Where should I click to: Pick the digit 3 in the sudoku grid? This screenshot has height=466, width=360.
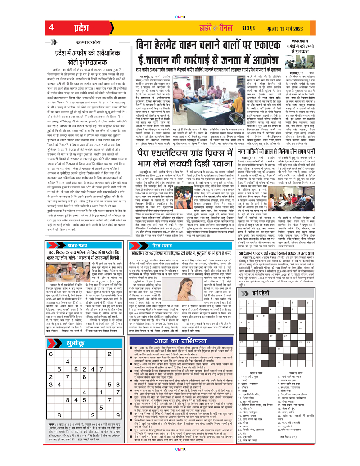coord(51,384)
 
